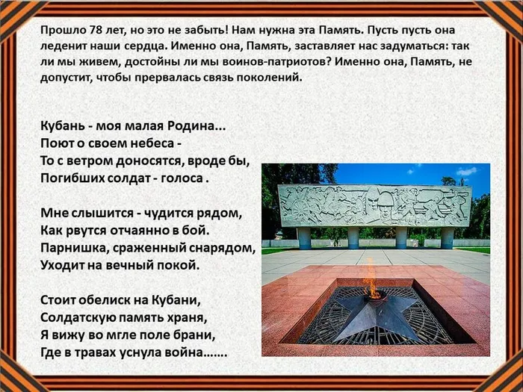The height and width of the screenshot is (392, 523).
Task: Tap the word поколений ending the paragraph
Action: [267, 78]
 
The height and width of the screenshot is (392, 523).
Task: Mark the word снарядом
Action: [223, 247]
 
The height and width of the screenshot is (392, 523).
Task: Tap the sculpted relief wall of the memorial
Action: [374, 205]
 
